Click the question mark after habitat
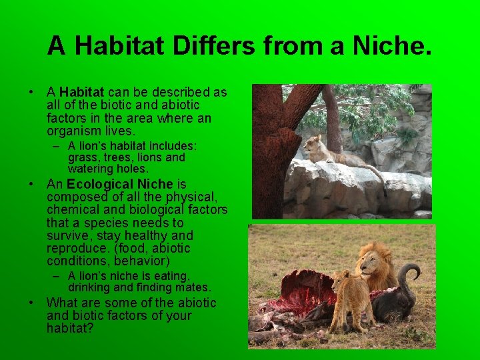click(x=91, y=329)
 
